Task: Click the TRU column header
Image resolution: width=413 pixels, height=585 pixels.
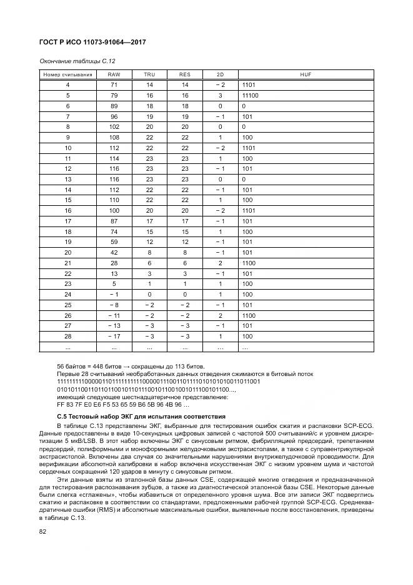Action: (x=149, y=74)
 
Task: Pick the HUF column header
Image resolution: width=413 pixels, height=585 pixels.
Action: (x=306, y=74)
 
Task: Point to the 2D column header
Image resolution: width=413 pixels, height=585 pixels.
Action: (x=220, y=74)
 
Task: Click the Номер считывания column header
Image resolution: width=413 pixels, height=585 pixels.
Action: (x=67, y=74)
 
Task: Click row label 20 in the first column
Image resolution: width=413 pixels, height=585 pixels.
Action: (x=67, y=252)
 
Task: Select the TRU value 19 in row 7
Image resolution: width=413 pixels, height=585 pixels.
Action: (x=149, y=117)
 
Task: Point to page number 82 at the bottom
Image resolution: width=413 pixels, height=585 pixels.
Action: (x=43, y=531)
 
